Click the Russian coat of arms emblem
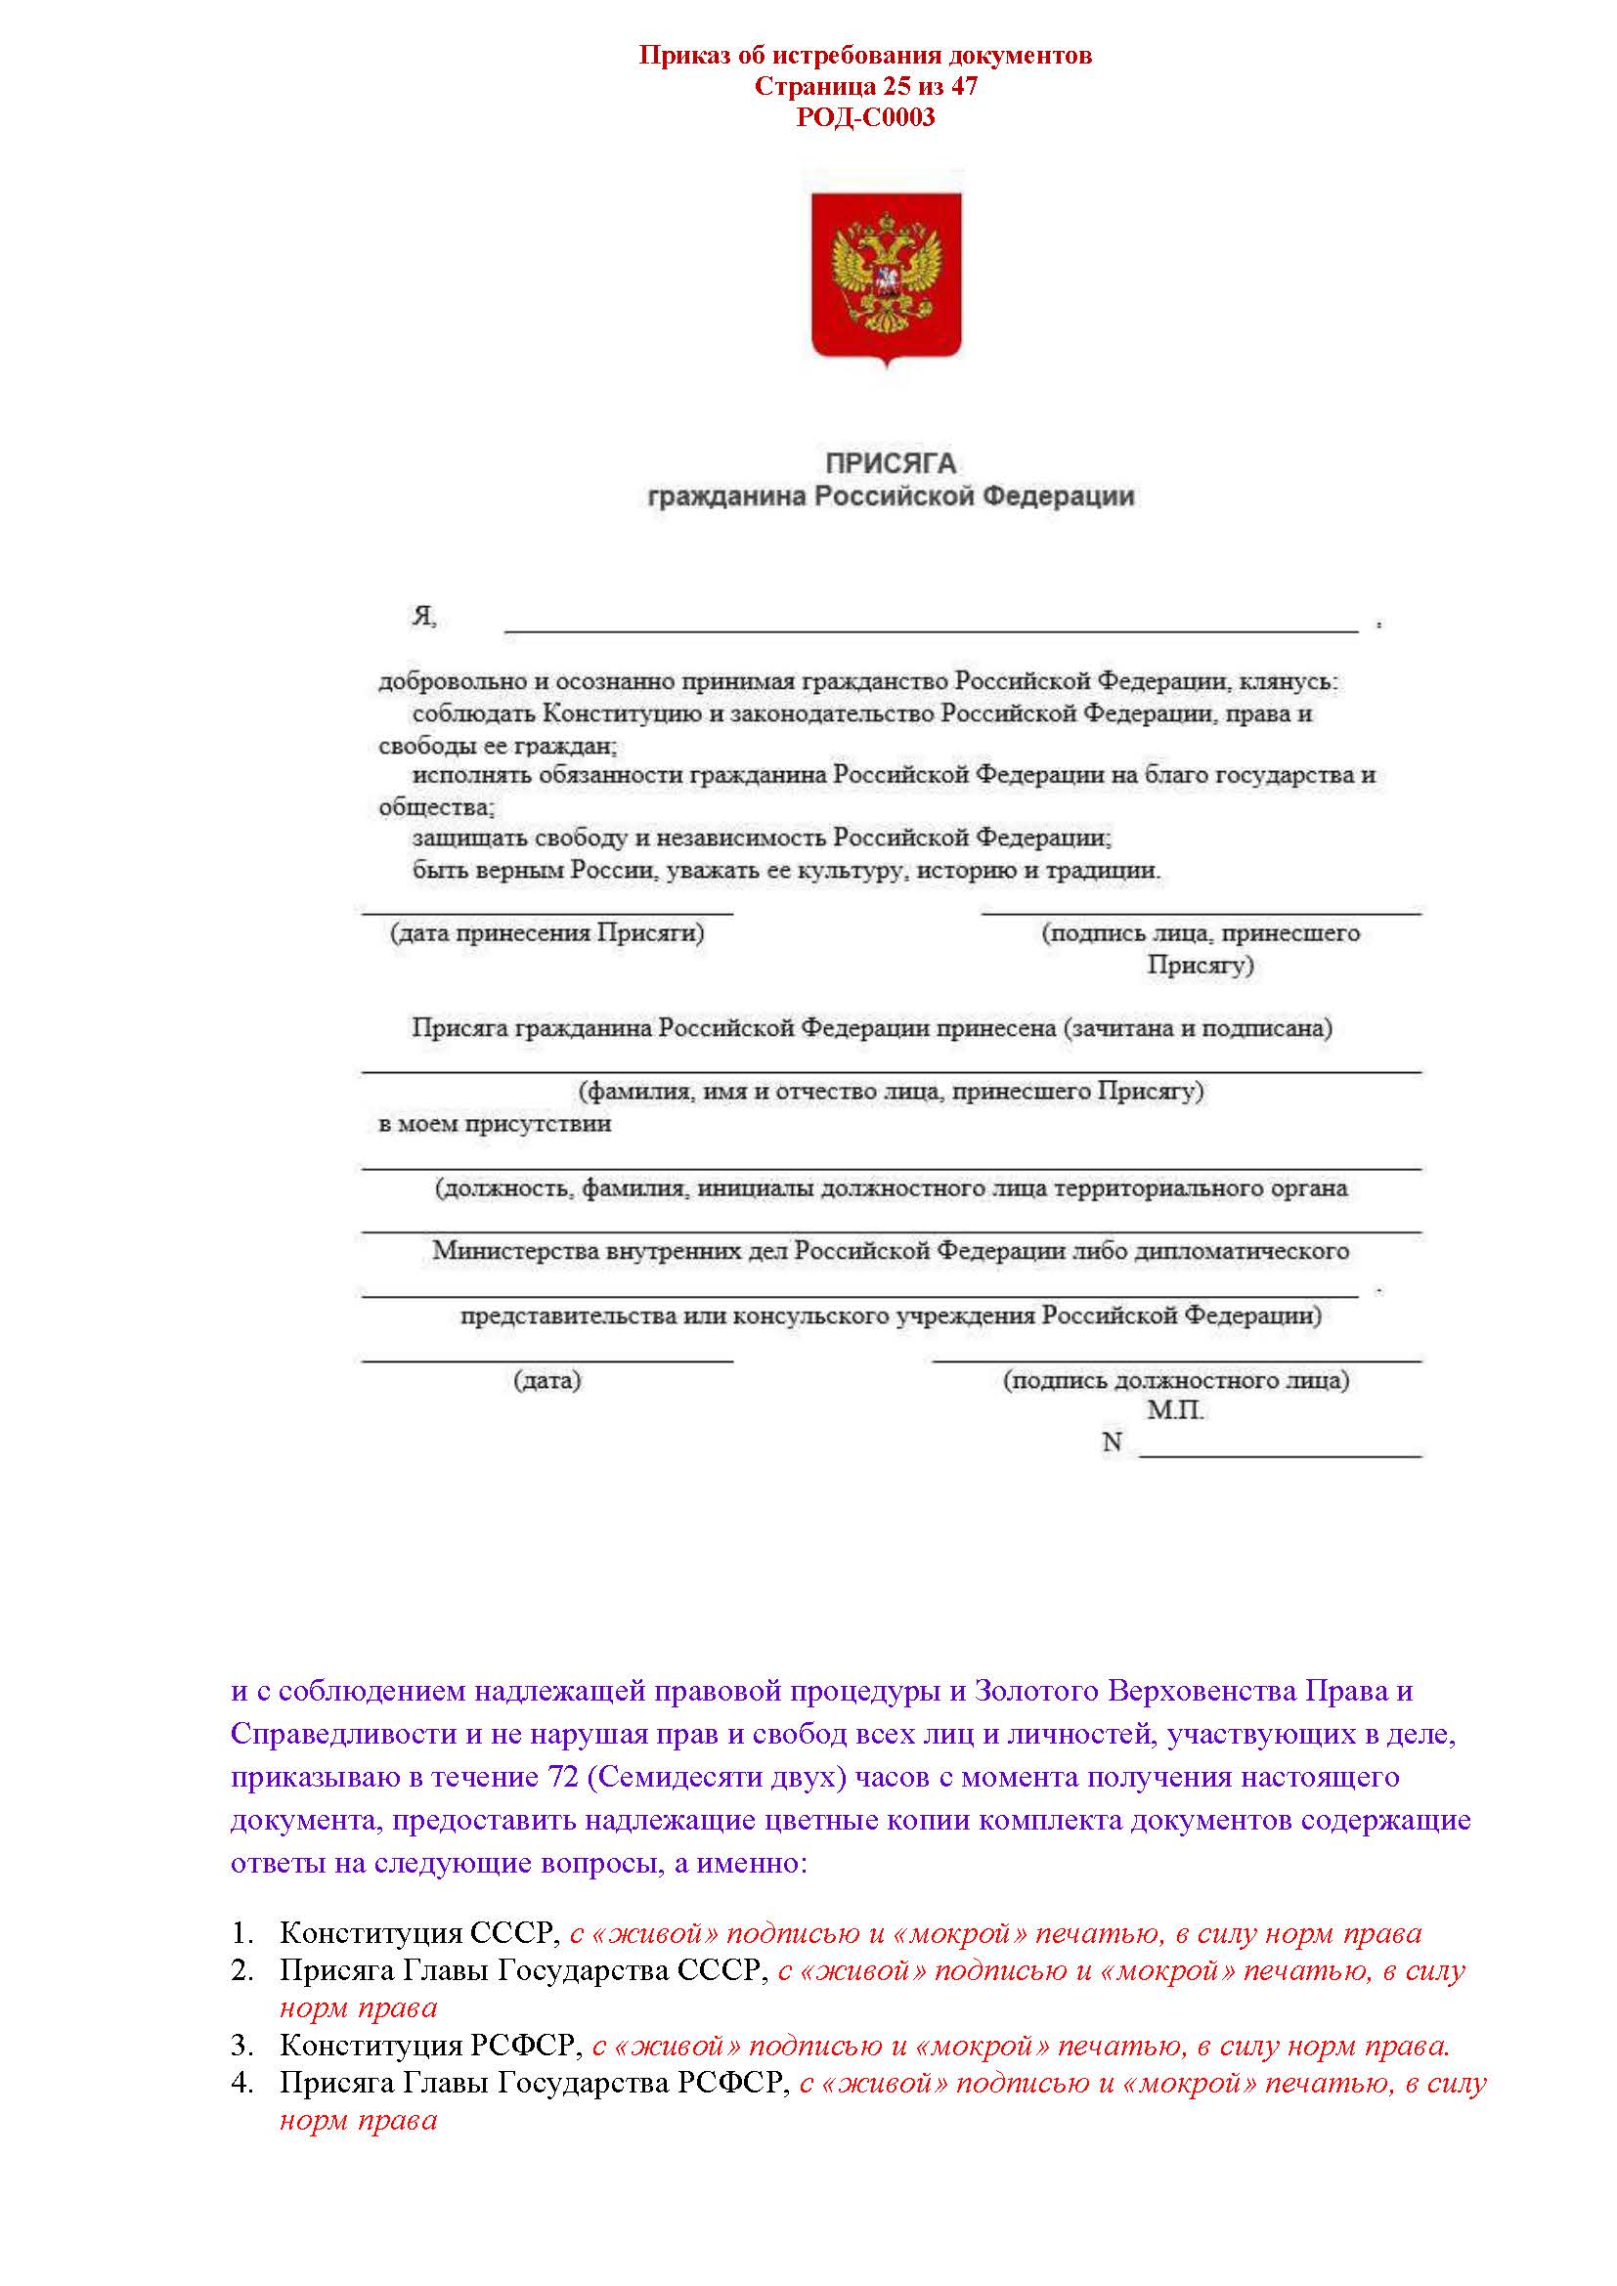[x=885, y=278]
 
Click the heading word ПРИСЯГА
[x=891, y=463]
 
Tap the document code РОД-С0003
[x=864, y=117]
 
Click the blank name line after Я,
[x=931, y=623]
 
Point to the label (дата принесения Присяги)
[x=546, y=933]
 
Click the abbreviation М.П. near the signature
[x=1176, y=1410]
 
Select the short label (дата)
[x=546, y=1380]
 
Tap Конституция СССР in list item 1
[x=418, y=1932]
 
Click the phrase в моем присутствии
[x=495, y=1124]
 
